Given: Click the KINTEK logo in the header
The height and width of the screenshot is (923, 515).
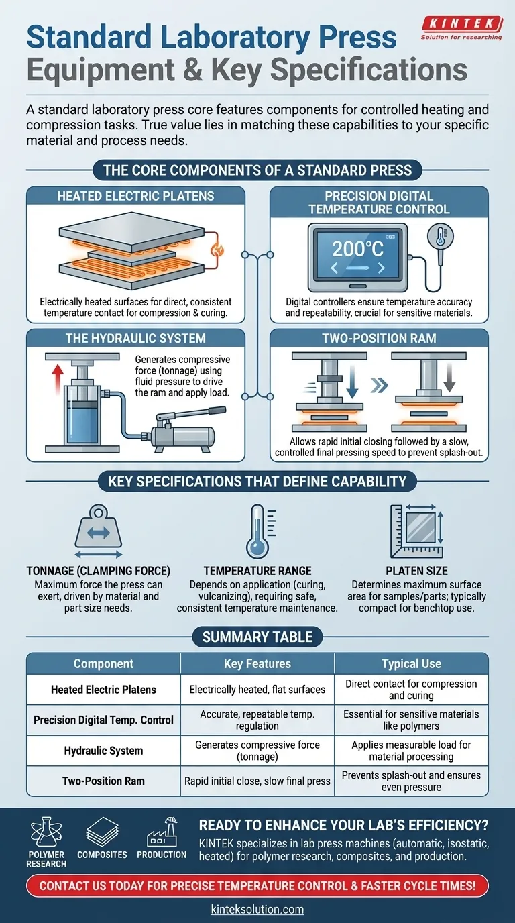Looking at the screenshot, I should tap(461, 25).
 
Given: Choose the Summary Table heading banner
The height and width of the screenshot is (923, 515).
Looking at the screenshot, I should tap(257, 637).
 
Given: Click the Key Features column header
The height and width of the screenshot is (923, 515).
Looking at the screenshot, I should tap(257, 664).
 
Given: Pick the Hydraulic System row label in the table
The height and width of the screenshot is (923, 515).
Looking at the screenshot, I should tap(103, 751).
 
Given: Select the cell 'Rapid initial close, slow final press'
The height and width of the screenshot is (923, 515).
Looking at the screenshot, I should tap(257, 781).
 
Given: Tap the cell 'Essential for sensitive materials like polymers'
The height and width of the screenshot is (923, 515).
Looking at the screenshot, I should tap(411, 720).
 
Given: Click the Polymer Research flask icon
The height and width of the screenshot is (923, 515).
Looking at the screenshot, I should tap(46, 834).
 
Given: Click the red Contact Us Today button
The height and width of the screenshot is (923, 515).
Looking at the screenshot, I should tap(257, 886).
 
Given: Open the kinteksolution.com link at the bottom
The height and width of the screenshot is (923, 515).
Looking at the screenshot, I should tap(257, 910).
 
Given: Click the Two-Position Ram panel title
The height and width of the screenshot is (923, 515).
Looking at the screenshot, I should tap(379, 339).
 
